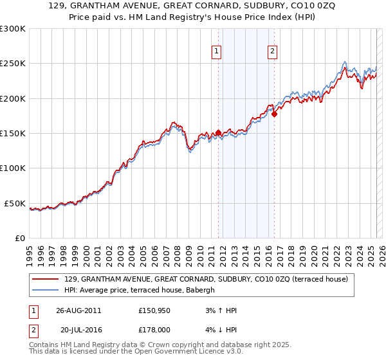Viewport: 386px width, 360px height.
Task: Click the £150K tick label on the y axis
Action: pyautogui.click(x=13, y=134)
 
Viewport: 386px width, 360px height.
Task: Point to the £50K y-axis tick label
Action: pyautogui.click(x=15, y=203)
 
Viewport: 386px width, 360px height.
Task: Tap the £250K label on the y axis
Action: pyautogui.click(x=13, y=64)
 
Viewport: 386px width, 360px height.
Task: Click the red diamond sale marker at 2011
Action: pyautogui.click(x=218, y=133)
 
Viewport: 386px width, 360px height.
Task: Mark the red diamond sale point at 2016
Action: pyautogui.click(x=274, y=114)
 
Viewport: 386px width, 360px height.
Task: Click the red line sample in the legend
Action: pyautogui.click(x=46, y=279)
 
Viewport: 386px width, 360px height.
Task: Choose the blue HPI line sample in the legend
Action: pyautogui.click(x=46, y=290)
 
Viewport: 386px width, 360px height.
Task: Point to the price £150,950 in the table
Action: pyautogui.click(x=154, y=310)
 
